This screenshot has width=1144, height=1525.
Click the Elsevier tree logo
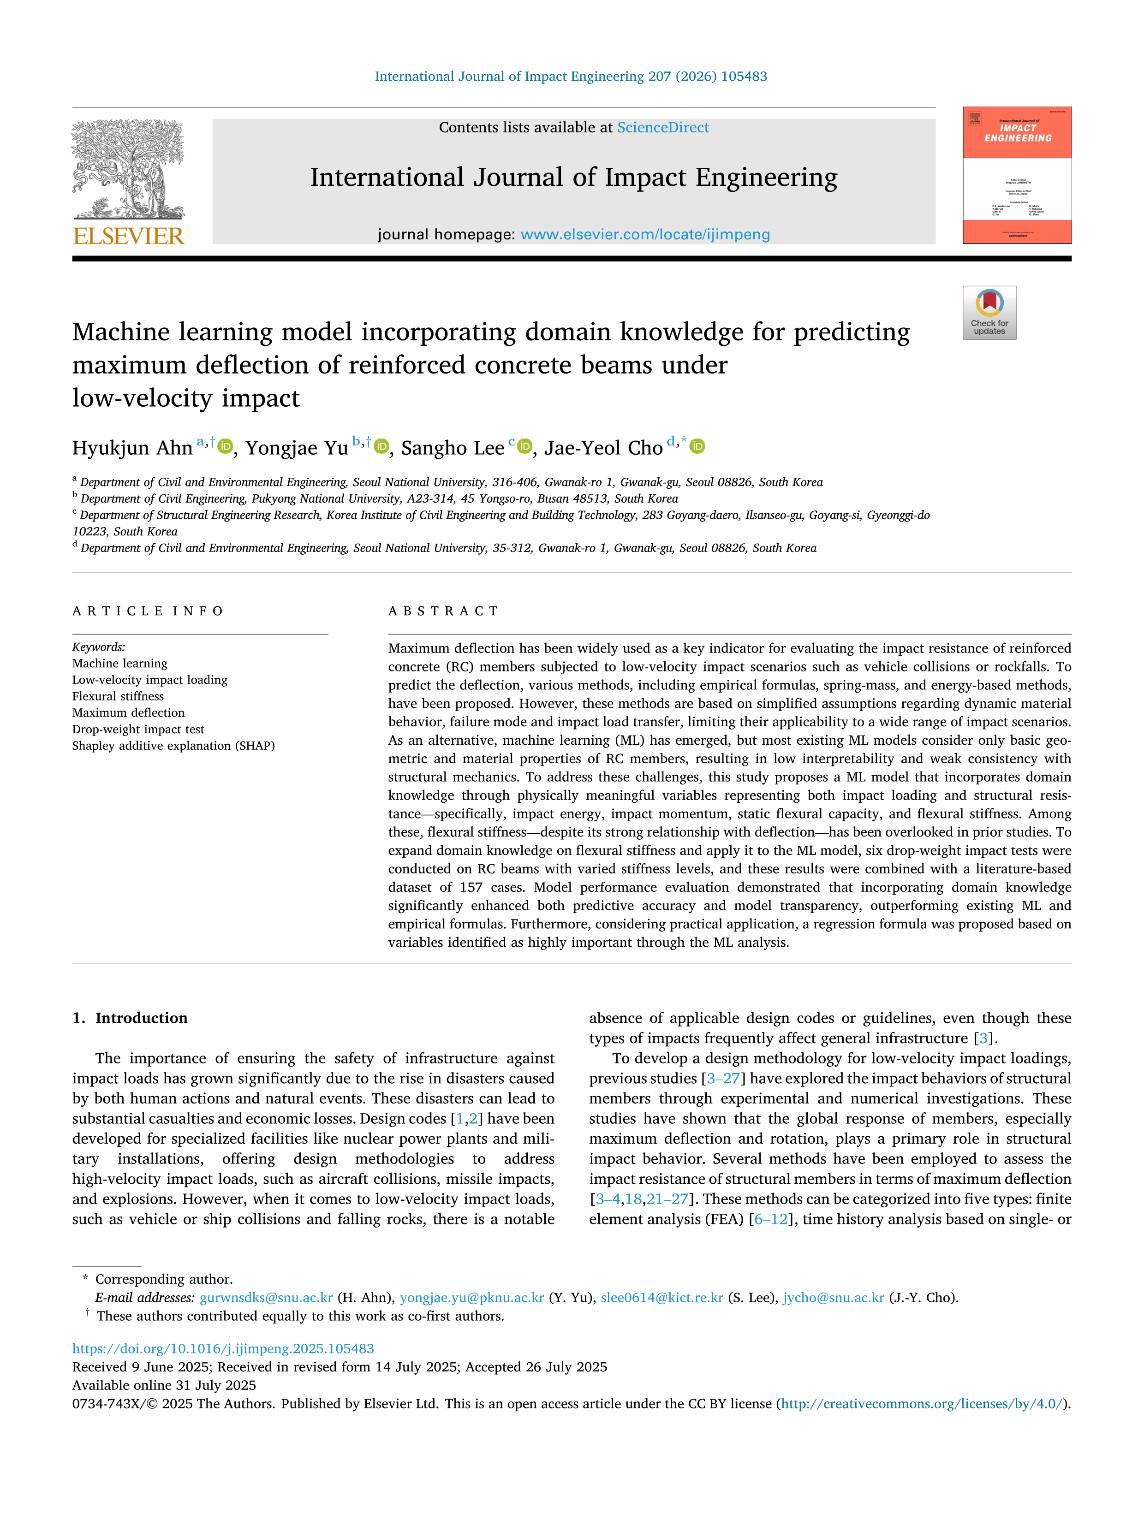[128, 169]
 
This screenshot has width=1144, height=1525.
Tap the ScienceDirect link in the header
[663, 128]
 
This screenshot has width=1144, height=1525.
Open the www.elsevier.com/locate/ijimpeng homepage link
[645, 234]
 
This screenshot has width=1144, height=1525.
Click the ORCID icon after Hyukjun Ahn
[225, 447]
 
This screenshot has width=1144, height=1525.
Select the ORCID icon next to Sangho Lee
[525, 447]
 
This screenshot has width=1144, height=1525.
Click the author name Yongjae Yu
[297, 448]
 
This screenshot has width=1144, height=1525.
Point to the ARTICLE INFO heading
[148, 611]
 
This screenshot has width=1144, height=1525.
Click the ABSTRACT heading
[443, 611]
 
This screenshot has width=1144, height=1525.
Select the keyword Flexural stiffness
[118, 696]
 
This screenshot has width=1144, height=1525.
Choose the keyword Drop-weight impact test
[138, 730]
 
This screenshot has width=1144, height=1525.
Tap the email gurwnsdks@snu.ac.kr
[266, 1298]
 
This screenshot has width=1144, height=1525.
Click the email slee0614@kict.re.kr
[662, 1298]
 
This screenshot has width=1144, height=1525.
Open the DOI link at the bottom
[223, 1348]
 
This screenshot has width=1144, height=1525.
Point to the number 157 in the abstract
[471, 887]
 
